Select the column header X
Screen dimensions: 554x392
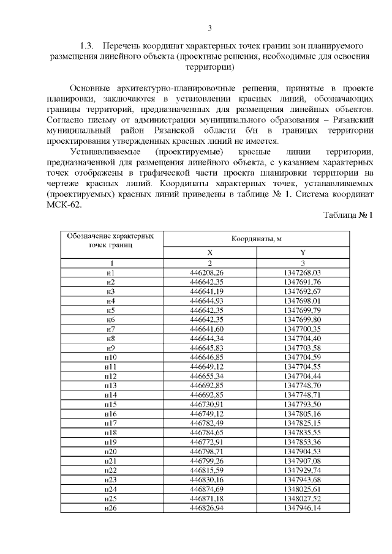point(210,252)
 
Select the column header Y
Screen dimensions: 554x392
point(303,252)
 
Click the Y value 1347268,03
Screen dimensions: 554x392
point(303,272)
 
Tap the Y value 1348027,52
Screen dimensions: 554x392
point(303,500)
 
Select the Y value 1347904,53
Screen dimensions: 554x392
point(303,452)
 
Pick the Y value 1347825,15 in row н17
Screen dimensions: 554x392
point(303,424)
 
